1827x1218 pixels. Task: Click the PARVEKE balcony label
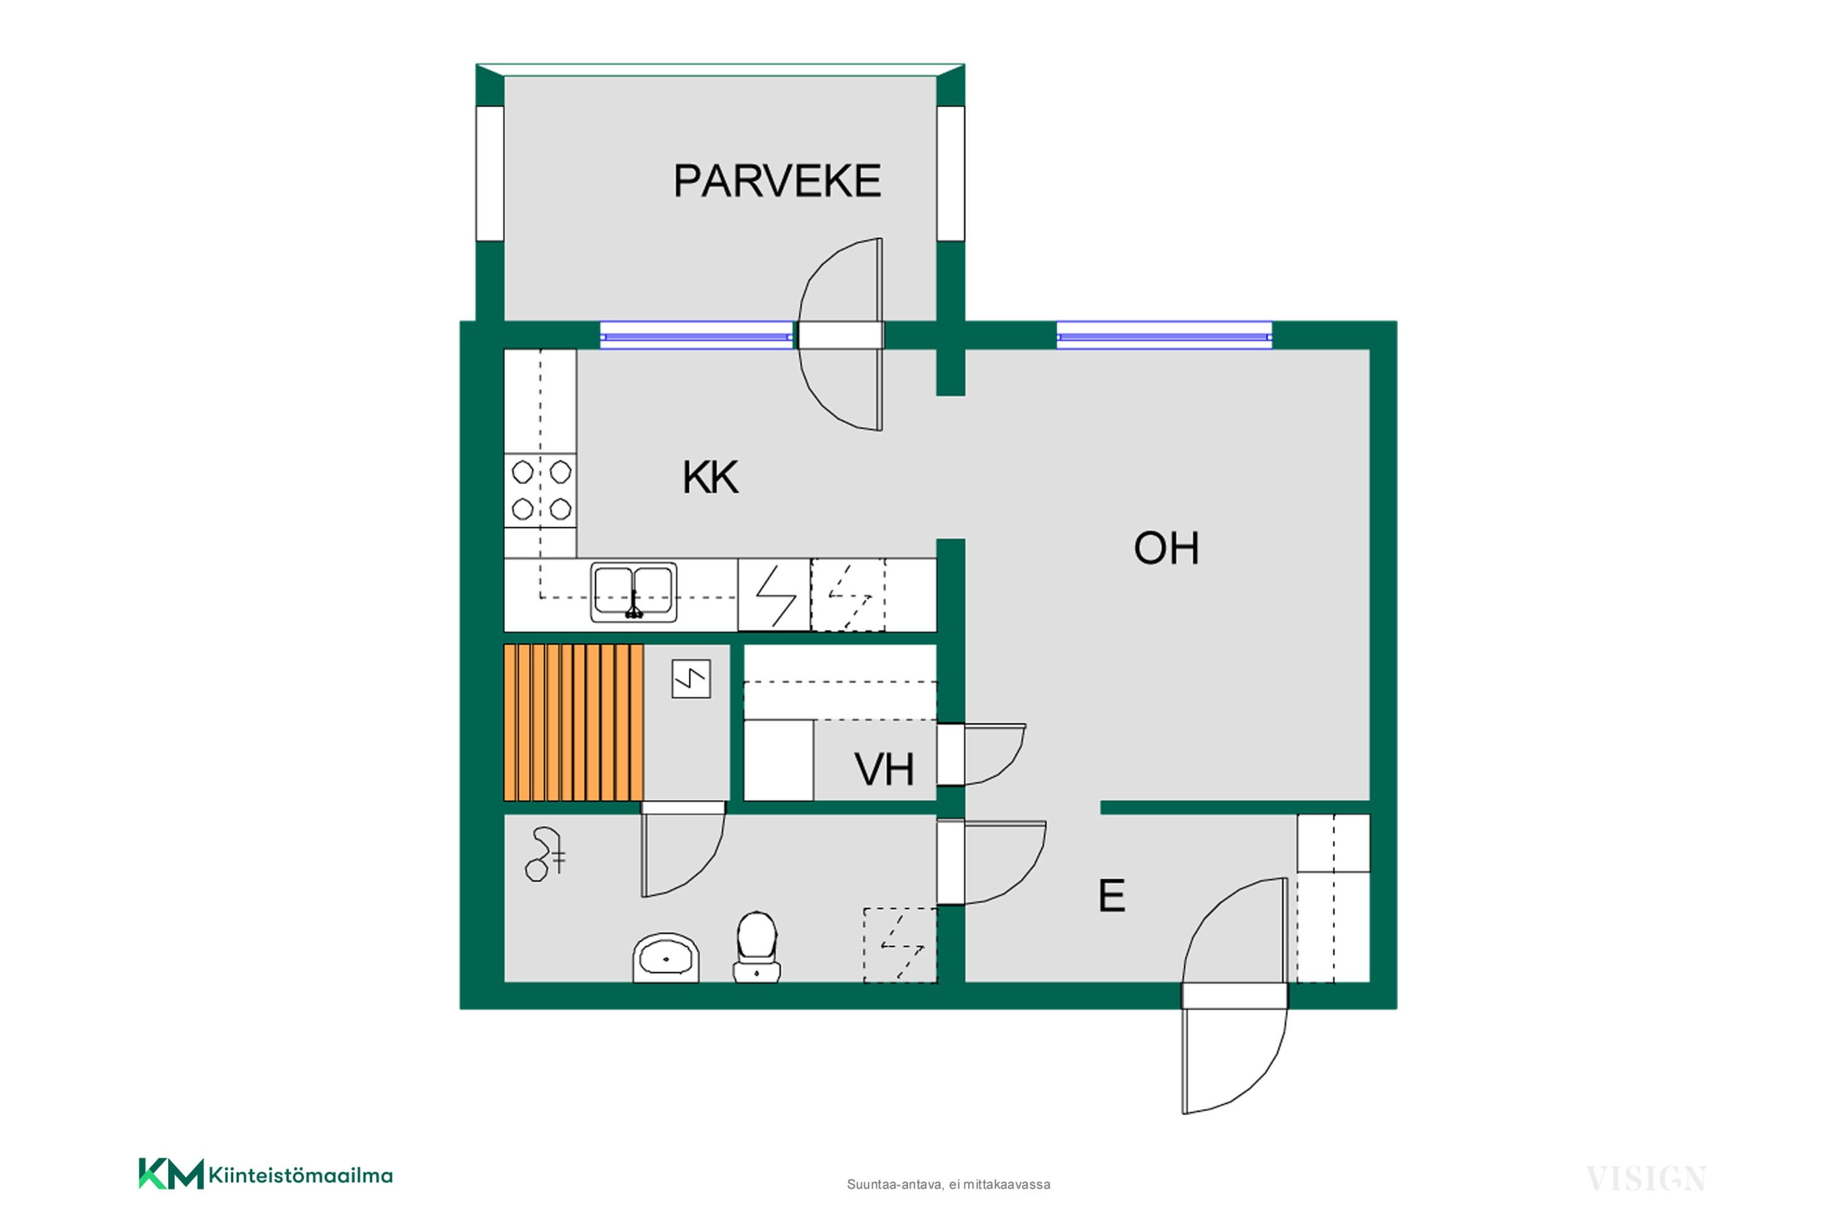(x=777, y=181)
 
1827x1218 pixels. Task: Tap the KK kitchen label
(x=710, y=477)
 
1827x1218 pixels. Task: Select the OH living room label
(x=1166, y=549)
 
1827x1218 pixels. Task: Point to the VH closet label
(x=884, y=770)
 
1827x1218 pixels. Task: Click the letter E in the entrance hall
(x=1111, y=896)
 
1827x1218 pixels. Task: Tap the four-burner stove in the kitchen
(x=541, y=491)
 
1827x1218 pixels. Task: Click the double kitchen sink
(x=633, y=593)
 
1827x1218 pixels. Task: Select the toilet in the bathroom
(x=756, y=947)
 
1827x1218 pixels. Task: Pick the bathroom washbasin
(x=666, y=959)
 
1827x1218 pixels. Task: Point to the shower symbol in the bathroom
(x=545, y=854)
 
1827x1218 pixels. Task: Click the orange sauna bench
(x=573, y=722)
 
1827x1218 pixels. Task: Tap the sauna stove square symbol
(x=691, y=679)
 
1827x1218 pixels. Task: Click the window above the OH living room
(x=1164, y=336)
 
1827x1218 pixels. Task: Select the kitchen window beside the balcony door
(x=697, y=336)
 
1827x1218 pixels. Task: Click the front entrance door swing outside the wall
(x=1234, y=1061)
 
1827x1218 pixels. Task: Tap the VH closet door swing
(x=995, y=755)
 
